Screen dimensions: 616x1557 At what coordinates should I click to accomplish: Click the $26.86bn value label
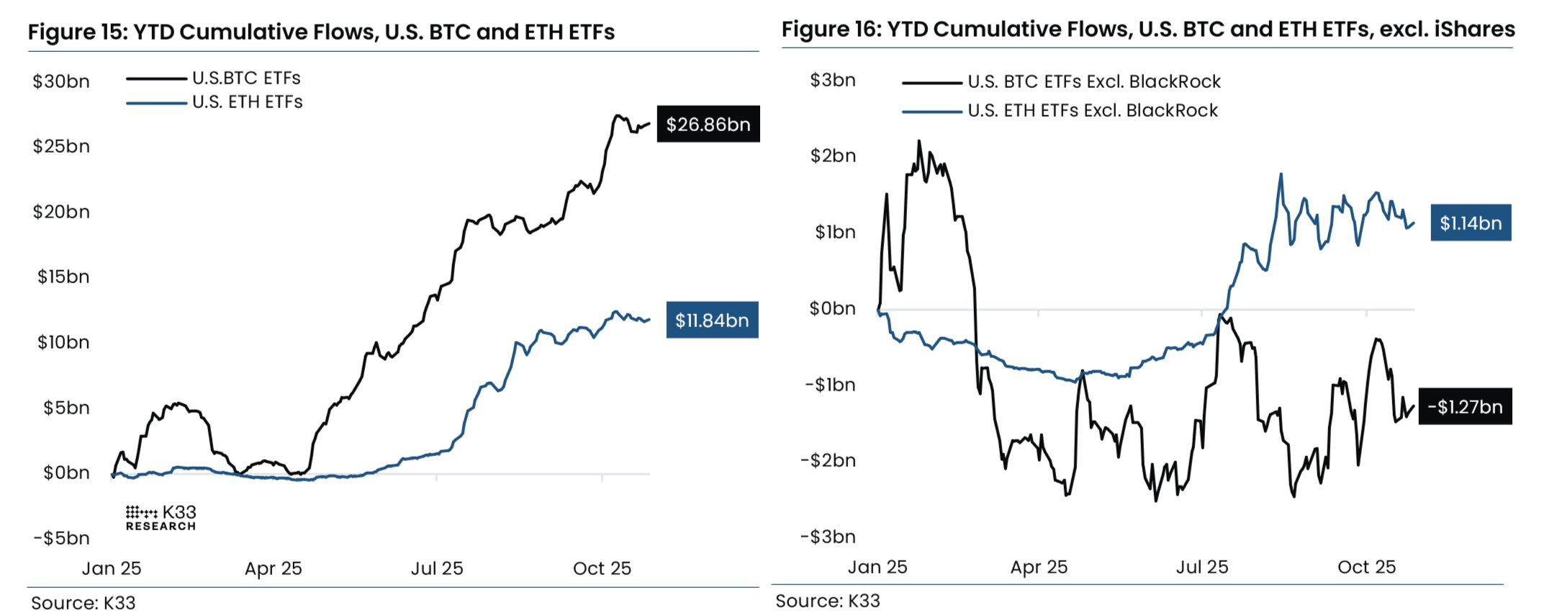[708, 125]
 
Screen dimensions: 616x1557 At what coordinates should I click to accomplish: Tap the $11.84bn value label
[712, 321]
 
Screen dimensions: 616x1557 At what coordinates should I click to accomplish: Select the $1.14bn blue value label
[1471, 223]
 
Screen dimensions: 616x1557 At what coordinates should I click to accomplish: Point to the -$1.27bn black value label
[1465, 407]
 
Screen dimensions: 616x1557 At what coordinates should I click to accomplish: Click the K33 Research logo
[161, 518]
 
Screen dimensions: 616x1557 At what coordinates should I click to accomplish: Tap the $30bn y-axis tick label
[61, 81]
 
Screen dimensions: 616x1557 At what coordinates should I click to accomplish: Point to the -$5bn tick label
[61, 538]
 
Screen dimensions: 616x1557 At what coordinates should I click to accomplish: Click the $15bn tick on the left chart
[63, 277]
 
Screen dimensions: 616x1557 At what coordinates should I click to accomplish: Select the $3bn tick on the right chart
[833, 80]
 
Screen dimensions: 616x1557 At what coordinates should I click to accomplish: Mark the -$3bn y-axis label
[828, 537]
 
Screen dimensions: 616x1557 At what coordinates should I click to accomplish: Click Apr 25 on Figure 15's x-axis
[273, 568]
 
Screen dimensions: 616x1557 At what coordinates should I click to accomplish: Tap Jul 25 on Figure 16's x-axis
[1201, 567]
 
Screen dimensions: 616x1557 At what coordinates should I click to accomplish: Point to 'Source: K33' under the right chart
[827, 601]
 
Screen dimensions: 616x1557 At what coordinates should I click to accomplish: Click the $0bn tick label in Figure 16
[832, 308]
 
